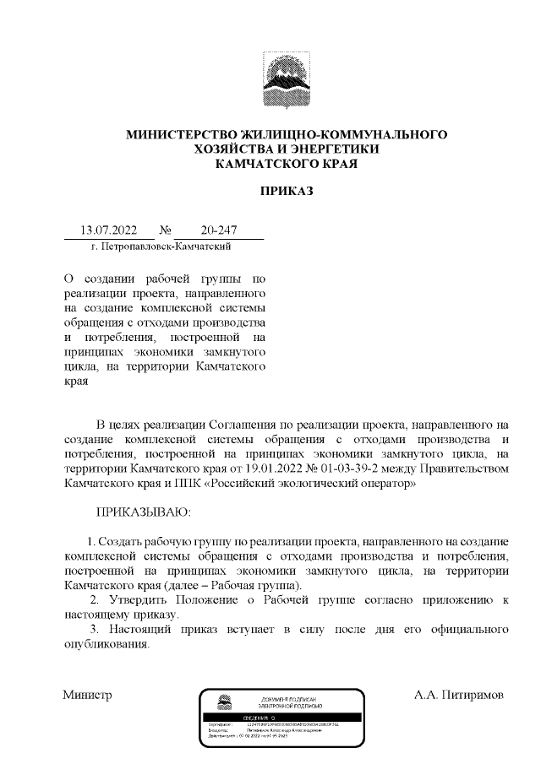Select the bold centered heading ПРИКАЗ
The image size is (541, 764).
tap(286, 192)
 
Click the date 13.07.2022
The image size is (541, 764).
tap(102, 230)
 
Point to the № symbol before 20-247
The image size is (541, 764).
tap(167, 230)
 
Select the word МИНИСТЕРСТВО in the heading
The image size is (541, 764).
tap(181, 135)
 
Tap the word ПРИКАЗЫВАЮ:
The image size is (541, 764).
tap(143, 512)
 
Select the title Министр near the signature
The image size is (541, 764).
tap(87, 696)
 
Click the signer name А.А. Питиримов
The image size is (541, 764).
tap(457, 696)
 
